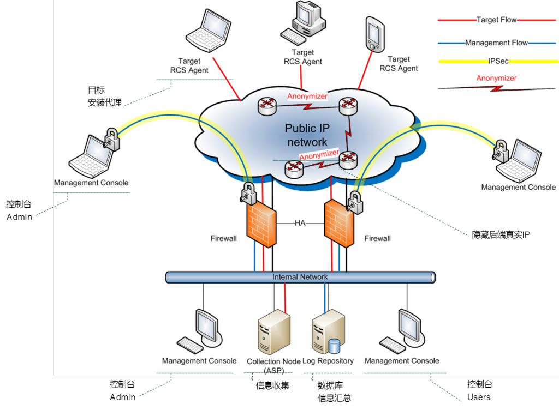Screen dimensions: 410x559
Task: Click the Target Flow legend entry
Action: (x=496, y=20)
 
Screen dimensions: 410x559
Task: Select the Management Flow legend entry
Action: (x=496, y=43)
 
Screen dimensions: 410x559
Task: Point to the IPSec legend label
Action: (x=496, y=62)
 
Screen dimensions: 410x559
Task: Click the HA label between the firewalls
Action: (x=300, y=224)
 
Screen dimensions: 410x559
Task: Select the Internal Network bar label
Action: (x=300, y=277)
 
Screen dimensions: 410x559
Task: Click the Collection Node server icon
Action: (x=272, y=333)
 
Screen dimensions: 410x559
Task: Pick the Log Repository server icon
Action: (x=329, y=333)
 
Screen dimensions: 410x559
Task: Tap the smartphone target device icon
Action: (x=374, y=34)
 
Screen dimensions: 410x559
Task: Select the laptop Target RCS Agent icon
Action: (x=207, y=33)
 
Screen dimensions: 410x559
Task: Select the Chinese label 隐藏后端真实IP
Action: (x=501, y=235)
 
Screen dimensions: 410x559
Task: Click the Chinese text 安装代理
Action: (x=105, y=102)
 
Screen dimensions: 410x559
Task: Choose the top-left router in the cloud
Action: (x=268, y=106)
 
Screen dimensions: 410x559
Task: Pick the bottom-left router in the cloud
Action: (x=294, y=169)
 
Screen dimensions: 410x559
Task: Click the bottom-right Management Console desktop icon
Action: (x=406, y=329)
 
